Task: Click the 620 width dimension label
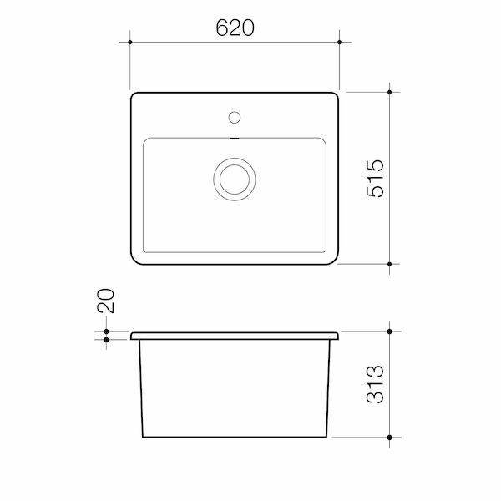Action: tap(235, 28)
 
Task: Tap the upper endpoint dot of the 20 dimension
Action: tap(108, 331)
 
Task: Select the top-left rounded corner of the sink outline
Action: tap(136, 97)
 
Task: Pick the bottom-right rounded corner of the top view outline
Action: tap(334, 259)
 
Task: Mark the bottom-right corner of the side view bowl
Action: tap(326, 437)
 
